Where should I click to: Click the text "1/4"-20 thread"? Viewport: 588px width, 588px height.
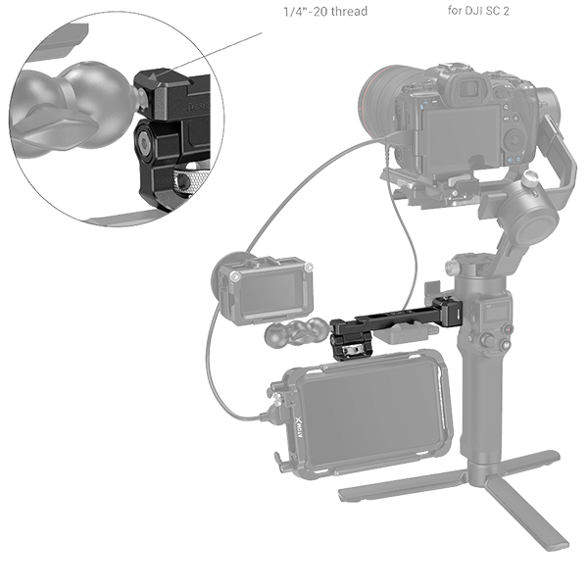(324, 13)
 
